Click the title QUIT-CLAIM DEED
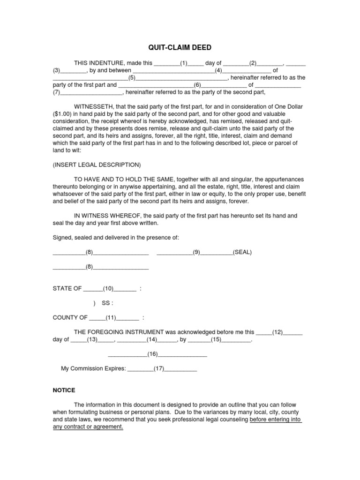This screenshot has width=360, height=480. [x=180, y=47]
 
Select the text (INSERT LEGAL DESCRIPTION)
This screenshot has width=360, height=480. [x=96, y=165]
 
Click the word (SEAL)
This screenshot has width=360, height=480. [x=242, y=252]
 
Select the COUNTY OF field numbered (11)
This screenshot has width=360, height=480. [x=113, y=317]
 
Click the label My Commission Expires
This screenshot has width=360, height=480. [x=93, y=369]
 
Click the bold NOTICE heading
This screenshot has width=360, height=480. [x=63, y=390]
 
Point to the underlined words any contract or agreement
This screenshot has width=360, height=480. [x=88, y=427]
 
